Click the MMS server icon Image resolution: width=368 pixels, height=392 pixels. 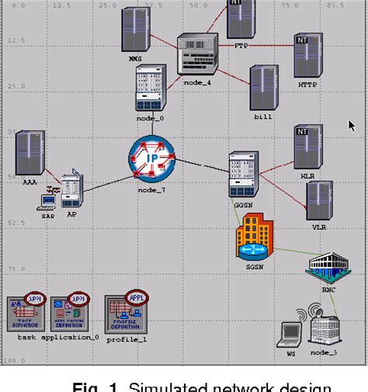[135, 30]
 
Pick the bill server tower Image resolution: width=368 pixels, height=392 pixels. [260, 87]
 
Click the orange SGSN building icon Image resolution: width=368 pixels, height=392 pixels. [255, 238]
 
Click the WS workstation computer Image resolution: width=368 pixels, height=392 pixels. [290, 333]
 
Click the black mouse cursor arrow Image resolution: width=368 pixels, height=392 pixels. [352, 124]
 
